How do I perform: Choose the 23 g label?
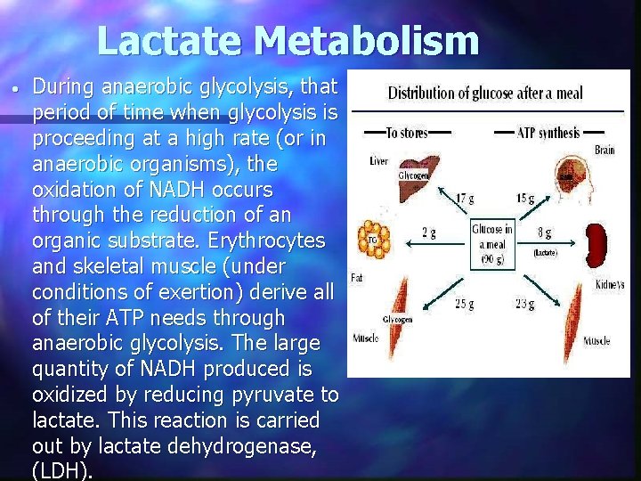pos(525,305)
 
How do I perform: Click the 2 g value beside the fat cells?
pos(428,233)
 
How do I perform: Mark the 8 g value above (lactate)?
pos(543,233)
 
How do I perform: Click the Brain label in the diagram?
pos(604,151)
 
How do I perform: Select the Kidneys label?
pos(610,284)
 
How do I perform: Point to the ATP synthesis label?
pos(548,134)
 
